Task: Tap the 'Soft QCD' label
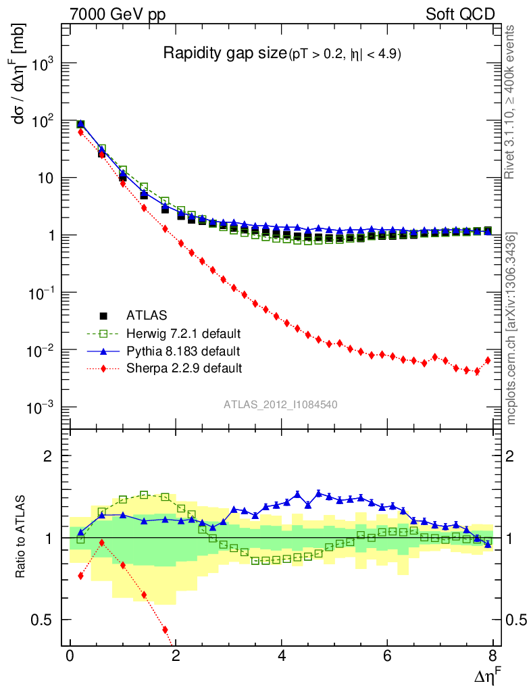click(x=460, y=14)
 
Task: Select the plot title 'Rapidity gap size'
click(x=226, y=54)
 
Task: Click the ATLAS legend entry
click(x=147, y=315)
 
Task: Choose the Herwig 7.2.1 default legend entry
click(x=183, y=333)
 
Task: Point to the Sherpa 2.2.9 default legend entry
click(x=184, y=368)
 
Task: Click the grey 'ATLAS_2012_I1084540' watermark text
click(x=281, y=404)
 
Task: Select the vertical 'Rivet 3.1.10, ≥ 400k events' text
click(x=511, y=102)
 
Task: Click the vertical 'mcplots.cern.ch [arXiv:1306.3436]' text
click(x=511, y=328)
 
